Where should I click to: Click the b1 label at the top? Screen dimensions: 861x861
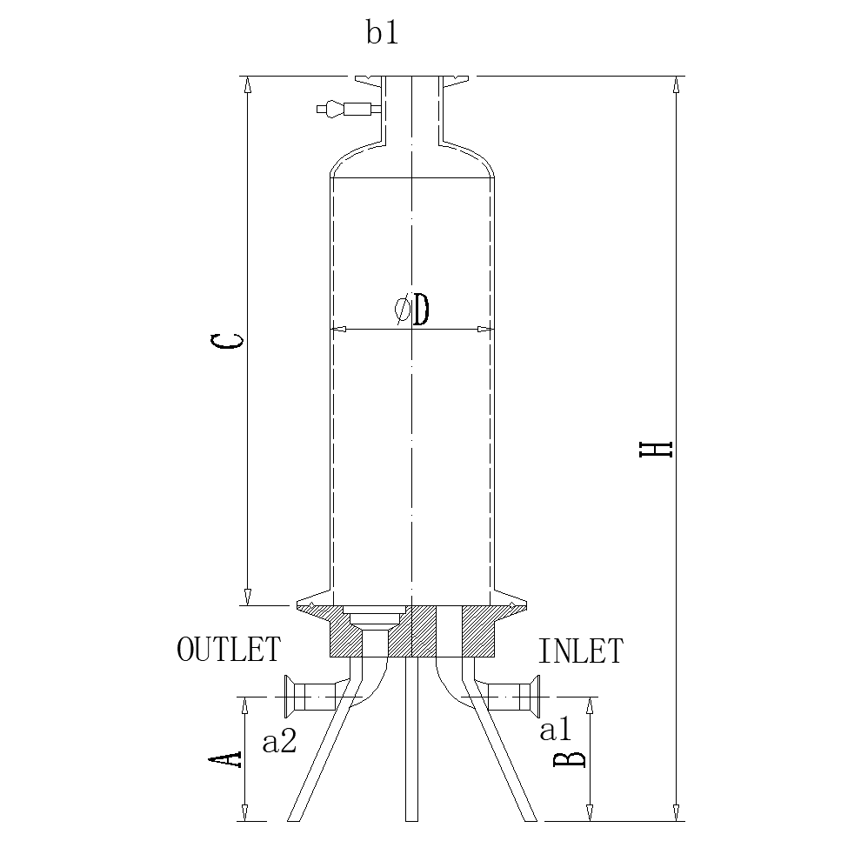pos(382,34)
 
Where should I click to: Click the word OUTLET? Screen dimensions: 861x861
pos(229,650)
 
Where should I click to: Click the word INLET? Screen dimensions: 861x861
pos(580,651)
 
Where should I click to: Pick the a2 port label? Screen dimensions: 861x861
pos(280,742)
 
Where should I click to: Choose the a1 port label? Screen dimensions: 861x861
pos(557,731)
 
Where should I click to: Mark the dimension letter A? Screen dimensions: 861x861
pos(226,758)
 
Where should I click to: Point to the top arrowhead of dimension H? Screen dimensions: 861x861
pos(676,84)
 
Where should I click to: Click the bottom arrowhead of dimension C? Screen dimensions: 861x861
pos(247,597)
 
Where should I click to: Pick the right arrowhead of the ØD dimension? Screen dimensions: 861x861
pos(484,330)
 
